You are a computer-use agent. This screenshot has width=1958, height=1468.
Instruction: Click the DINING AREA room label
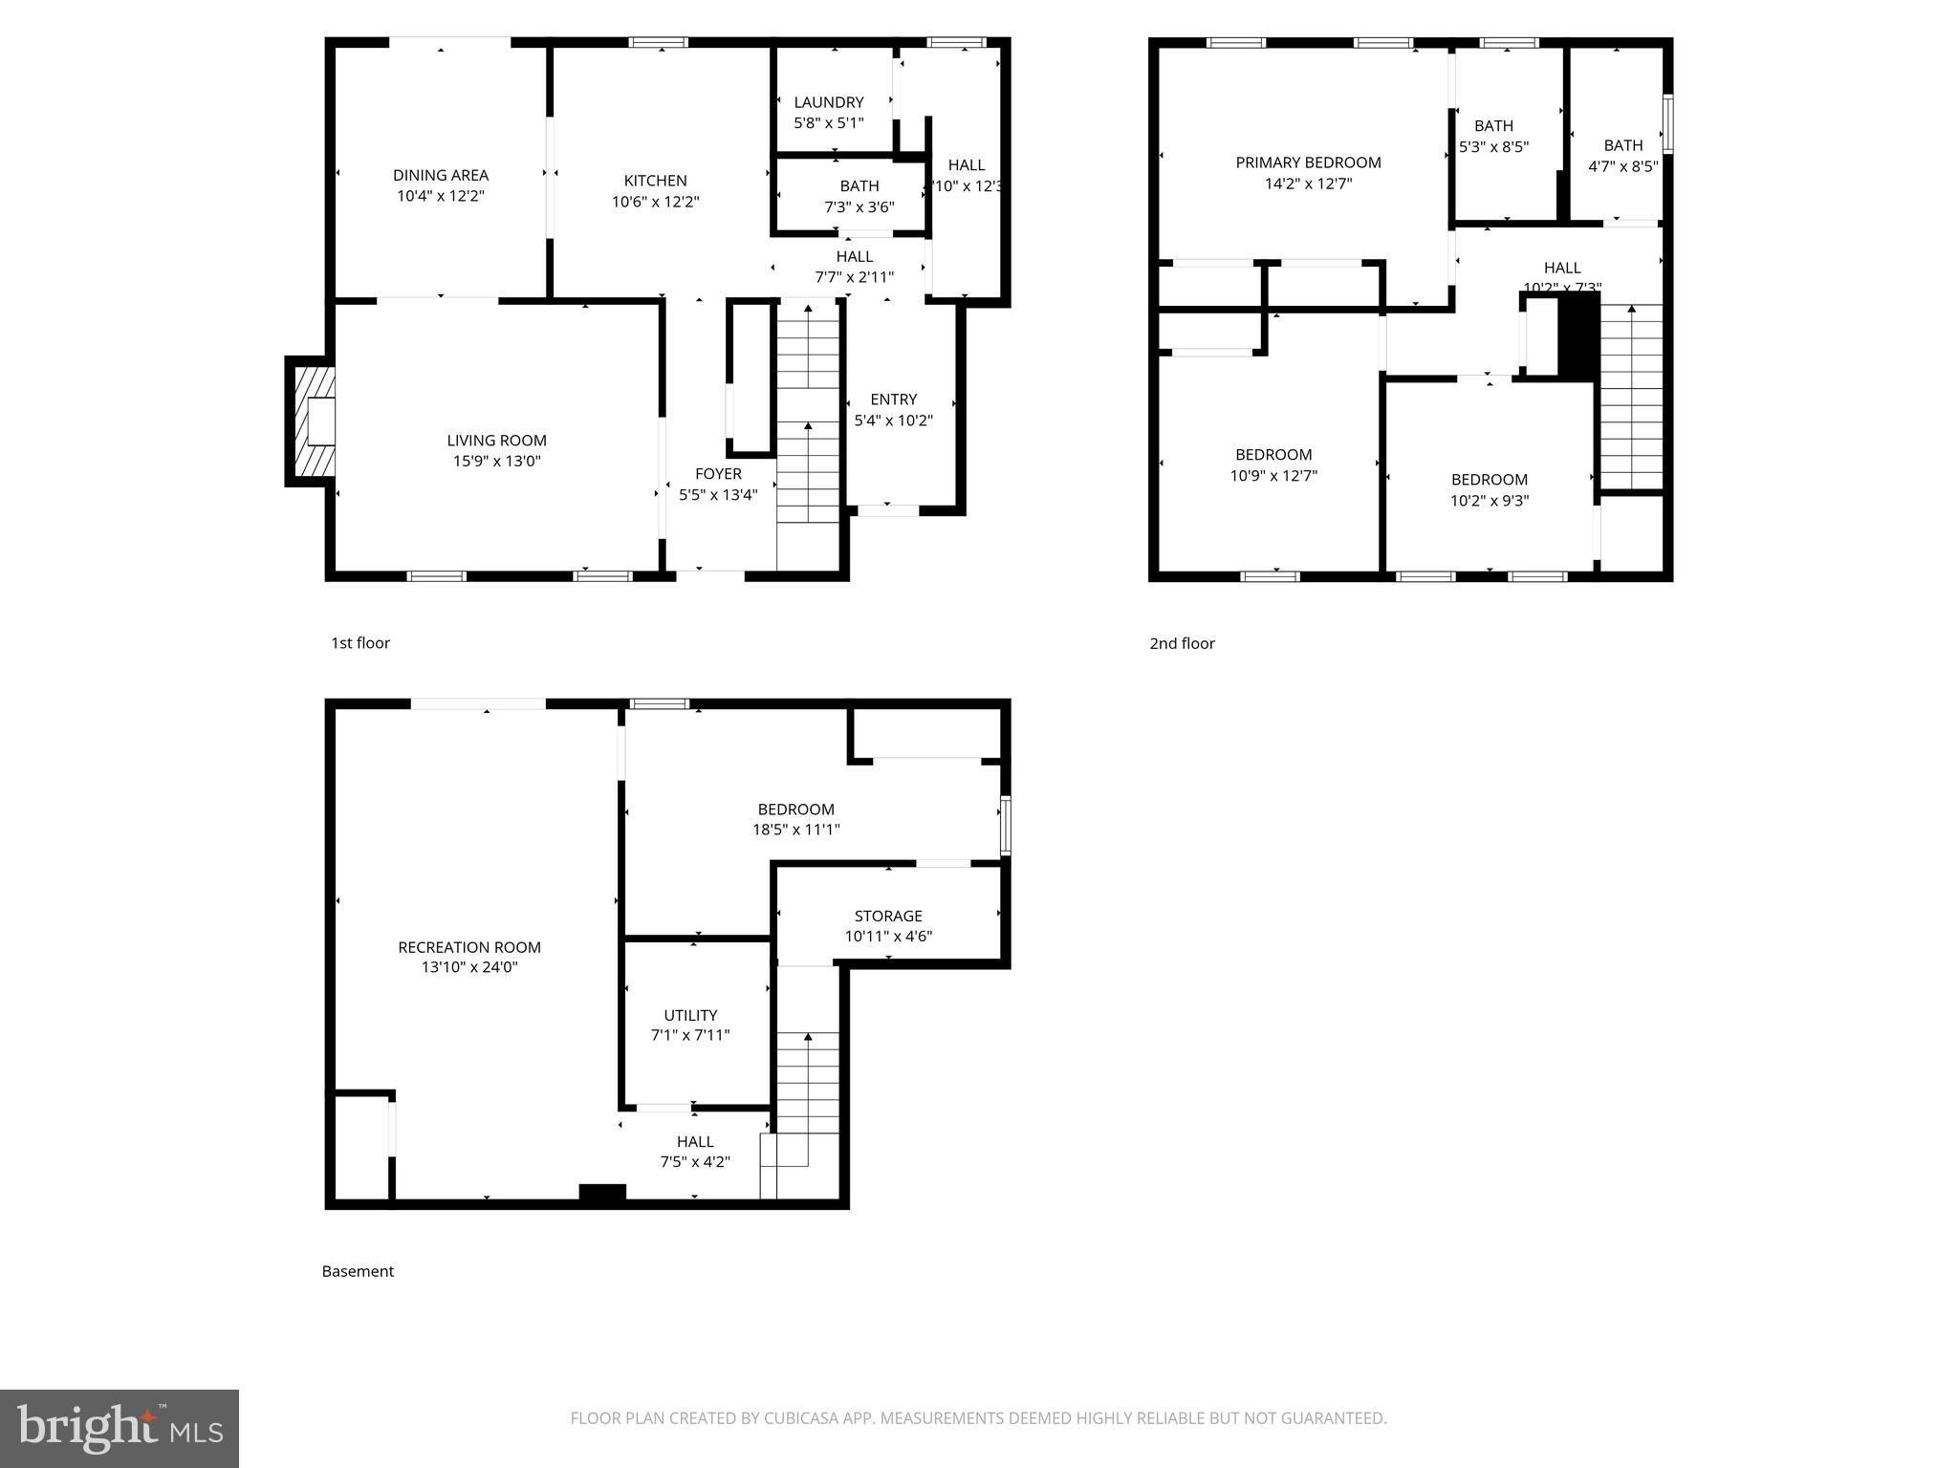[x=441, y=175]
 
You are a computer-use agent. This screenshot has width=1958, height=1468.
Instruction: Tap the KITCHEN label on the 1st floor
[x=655, y=181]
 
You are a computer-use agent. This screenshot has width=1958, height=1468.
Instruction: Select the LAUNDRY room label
[x=828, y=102]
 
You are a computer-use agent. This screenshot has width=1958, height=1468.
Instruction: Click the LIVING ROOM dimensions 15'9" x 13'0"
[x=496, y=461]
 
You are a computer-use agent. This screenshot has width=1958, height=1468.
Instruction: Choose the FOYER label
[x=718, y=474]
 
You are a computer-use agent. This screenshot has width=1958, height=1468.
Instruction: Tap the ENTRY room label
[x=893, y=399]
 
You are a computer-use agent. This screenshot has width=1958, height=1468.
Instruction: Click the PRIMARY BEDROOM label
[x=1308, y=162]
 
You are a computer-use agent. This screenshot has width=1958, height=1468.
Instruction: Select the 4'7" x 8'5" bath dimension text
[x=1622, y=166]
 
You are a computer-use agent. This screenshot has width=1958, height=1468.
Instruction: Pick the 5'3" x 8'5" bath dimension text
[x=1493, y=147]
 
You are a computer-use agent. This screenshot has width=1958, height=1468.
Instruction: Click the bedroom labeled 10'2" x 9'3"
[x=1489, y=480]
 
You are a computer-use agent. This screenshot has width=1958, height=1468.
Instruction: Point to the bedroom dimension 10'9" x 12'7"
[x=1273, y=475]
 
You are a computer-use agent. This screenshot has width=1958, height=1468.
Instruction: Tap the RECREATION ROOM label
[x=469, y=947]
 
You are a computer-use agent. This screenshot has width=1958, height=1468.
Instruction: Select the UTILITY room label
[x=690, y=1015]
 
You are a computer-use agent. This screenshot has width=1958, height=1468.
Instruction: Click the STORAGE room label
[x=888, y=916]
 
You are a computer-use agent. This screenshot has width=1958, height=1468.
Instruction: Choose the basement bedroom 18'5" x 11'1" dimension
[x=795, y=830]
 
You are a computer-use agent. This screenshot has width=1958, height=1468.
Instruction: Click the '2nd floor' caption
[x=1182, y=643]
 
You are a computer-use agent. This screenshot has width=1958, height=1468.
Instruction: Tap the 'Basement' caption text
[x=358, y=1271]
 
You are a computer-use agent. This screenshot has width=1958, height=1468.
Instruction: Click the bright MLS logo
[x=120, y=1428]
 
